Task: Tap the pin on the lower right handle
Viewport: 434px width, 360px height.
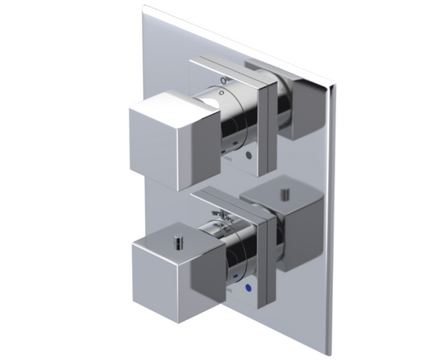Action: click(285, 194)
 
